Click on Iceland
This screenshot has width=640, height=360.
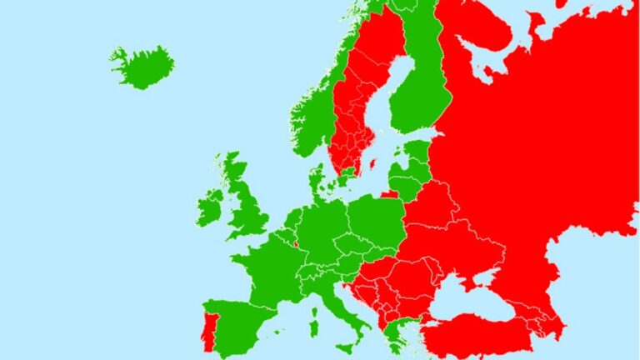pyautogui.click(x=142, y=67)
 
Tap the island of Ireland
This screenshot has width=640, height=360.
pyautogui.click(x=210, y=207)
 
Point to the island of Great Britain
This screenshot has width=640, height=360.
pyautogui.click(x=245, y=208)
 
